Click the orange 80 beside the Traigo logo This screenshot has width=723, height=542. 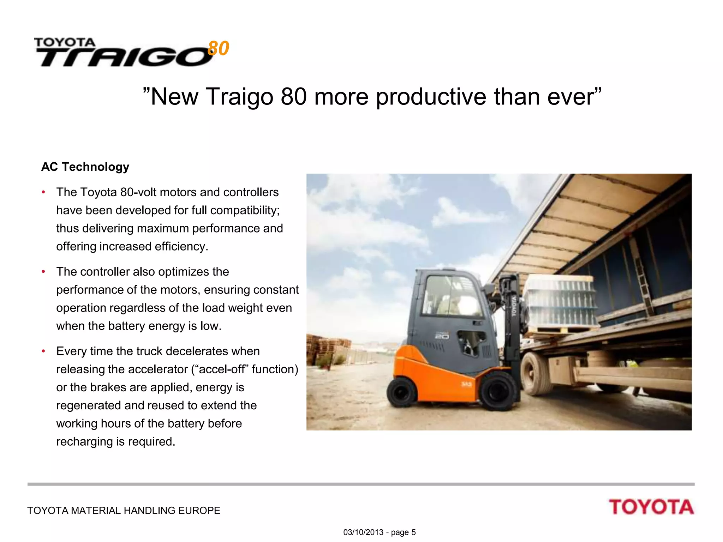click(219, 48)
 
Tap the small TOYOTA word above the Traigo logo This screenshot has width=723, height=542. click(65, 43)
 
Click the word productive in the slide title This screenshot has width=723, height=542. click(431, 97)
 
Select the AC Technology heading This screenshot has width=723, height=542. click(85, 167)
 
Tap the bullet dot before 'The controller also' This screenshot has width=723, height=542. click(43, 272)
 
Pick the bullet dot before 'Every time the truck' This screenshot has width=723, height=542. click(43, 351)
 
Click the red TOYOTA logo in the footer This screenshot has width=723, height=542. click(651, 507)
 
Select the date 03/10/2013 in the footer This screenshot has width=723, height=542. click(363, 532)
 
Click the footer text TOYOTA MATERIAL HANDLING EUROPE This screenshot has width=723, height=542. click(124, 511)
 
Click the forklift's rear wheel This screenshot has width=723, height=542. click(402, 392)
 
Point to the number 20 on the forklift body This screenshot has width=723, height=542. click(442, 336)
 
